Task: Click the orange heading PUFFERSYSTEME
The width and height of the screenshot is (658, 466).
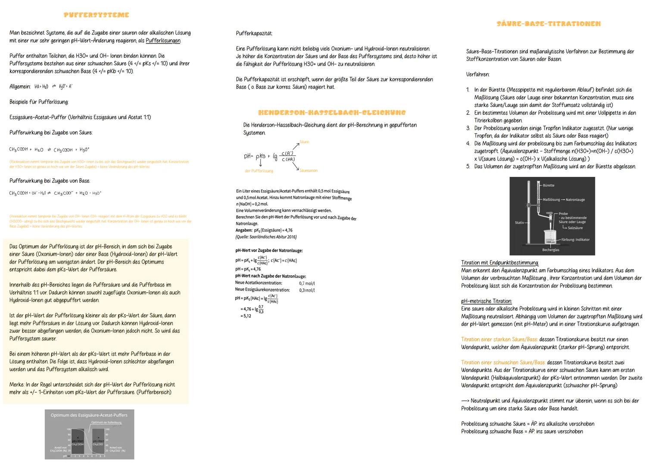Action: pos(96,15)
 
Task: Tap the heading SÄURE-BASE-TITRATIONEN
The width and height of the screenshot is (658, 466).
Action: pos(548,24)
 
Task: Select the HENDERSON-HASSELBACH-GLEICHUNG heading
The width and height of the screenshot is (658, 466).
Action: pos(332,113)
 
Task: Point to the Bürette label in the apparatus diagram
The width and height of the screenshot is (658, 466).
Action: pos(549,186)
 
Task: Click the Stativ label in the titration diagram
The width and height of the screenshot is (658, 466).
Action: pos(519,223)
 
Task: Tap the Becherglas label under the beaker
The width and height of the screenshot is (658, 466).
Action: pos(550,250)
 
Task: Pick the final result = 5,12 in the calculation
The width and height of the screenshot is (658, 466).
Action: pos(246,316)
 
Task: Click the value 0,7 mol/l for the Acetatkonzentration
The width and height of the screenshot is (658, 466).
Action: pos(307,283)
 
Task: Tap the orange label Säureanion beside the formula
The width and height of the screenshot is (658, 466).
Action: pos(308,171)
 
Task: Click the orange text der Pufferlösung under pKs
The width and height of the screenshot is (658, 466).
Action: pos(259,171)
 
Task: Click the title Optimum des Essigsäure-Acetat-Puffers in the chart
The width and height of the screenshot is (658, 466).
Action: pos(89,415)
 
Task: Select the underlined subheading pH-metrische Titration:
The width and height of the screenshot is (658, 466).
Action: pos(486,301)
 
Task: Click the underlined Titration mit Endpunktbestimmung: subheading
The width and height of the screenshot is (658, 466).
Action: pos(499,263)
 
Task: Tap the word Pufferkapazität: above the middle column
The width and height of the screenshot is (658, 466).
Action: pos(254,33)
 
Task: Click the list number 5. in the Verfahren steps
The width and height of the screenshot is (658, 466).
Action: pos(468,167)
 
